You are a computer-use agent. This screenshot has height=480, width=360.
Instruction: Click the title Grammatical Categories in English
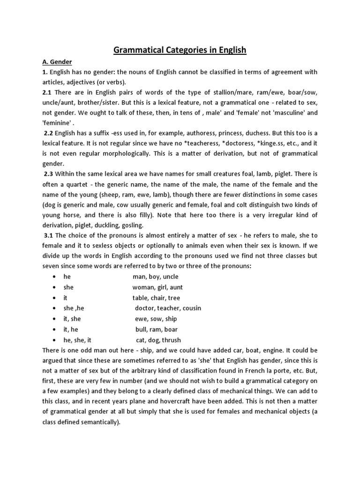point(180,50)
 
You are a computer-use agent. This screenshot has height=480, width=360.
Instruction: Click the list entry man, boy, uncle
point(155,277)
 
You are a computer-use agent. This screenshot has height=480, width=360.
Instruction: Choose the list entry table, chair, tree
point(156,298)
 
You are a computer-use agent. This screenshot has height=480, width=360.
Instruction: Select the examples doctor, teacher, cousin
point(168,308)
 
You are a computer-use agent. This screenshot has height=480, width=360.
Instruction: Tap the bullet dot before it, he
point(55,330)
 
